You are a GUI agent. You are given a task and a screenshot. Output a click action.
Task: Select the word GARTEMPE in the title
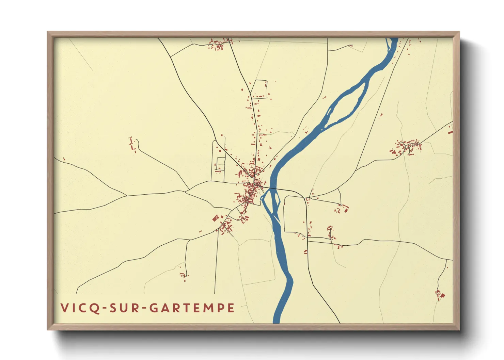pos(192,308)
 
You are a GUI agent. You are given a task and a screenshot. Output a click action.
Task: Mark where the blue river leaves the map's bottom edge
pos(277,322)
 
